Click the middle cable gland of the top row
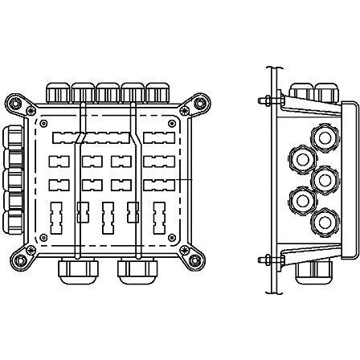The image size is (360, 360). [x=108, y=91]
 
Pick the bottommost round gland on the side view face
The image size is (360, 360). [x=323, y=219]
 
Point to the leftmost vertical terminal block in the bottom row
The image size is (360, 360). [x=55, y=216]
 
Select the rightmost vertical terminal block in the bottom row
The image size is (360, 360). [x=157, y=216]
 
